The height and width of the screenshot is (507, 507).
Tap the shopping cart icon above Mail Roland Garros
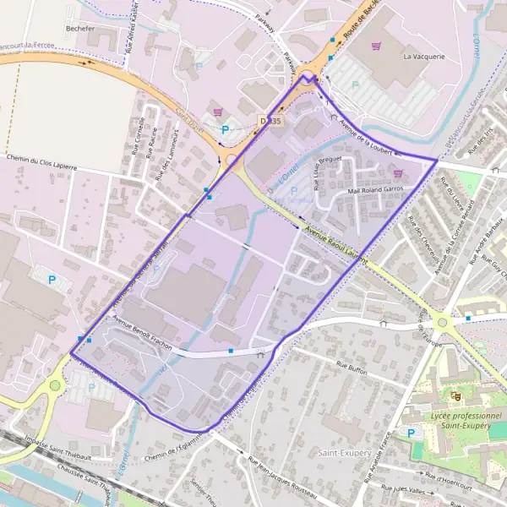coord(398,174)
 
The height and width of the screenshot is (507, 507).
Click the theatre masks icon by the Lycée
coord(456,395)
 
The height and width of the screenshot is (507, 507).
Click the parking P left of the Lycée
coord(412,433)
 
